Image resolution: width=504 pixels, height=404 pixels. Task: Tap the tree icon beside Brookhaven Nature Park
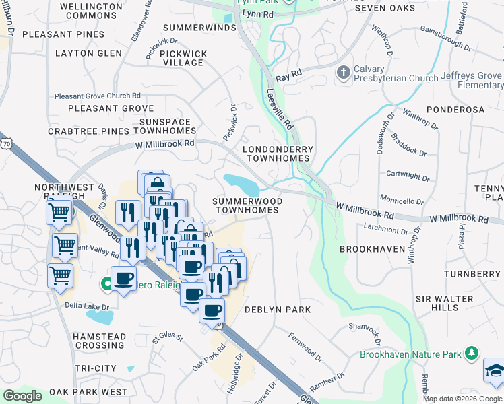tap(472, 353)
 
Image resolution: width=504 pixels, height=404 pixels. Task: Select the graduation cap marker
tap(494, 371)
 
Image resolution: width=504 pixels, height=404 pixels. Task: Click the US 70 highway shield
tap(7, 144)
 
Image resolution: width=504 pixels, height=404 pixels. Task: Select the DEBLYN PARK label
tap(277, 310)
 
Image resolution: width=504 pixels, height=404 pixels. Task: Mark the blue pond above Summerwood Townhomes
tap(241, 182)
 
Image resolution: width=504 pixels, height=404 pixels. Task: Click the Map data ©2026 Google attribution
tap(462, 399)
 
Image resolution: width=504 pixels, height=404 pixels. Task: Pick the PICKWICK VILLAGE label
tap(183, 57)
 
